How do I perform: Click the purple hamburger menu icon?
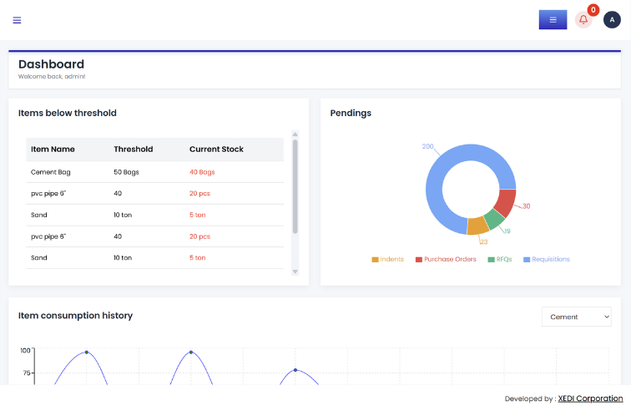point(17,20)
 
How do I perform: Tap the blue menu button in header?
point(553,20)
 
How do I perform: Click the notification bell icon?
point(583,20)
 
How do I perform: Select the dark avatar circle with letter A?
point(612,20)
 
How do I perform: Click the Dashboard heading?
point(52,64)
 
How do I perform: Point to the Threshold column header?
point(134,149)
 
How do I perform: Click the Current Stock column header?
point(216,149)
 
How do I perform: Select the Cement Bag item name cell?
point(51,172)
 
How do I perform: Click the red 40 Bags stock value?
point(202,172)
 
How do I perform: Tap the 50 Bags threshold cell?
point(126,172)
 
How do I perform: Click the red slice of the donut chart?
point(507,203)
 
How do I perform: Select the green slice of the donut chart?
point(495,219)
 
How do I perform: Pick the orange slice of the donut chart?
point(477,226)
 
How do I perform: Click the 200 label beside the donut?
point(428,146)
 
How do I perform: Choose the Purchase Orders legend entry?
point(446,259)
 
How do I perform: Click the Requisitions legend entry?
point(547,259)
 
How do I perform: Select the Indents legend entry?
point(387,259)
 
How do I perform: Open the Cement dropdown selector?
point(576,317)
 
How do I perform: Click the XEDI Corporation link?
point(590,398)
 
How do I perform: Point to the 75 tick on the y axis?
point(27,373)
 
